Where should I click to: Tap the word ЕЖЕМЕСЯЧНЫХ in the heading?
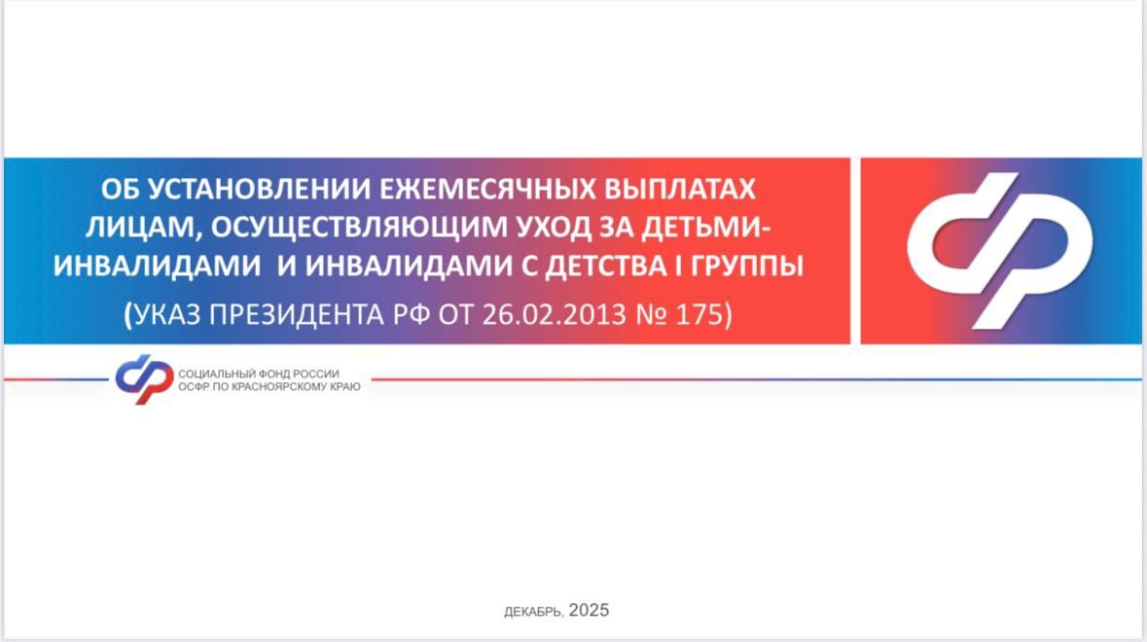tap(487, 190)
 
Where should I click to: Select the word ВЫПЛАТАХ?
tap(680, 190)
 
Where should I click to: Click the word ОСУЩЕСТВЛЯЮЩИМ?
tap(360, 229)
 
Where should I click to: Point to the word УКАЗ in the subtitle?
tap(167, 314)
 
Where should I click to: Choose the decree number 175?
tap(699, 314)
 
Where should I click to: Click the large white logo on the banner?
tap(999, 250)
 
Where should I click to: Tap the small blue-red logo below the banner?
tap(144, 378)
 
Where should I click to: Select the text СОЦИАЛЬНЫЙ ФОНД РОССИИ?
tap(259, 374)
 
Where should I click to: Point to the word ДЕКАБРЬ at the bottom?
tap(533, 612)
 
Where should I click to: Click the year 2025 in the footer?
tap(589, 611)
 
